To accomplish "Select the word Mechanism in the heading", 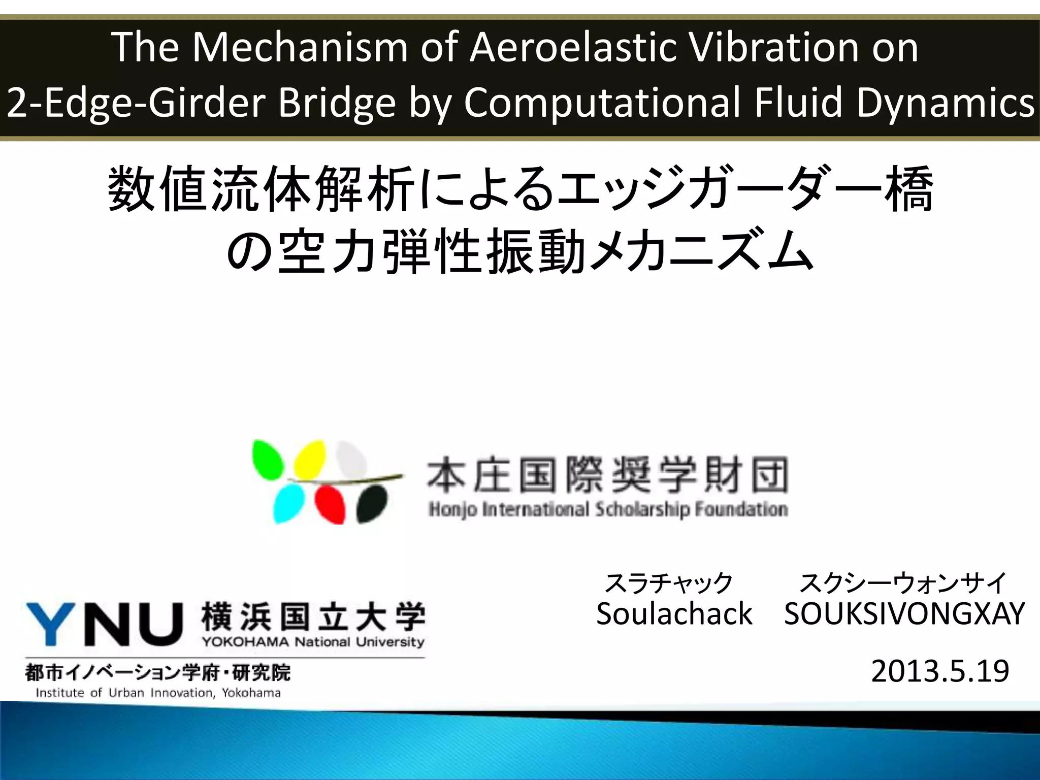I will pyautogui.click(x=300, y=47).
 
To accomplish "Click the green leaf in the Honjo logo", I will pyautogui.click(x=268, y=459).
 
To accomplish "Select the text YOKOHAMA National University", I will pyautogui.click(x=313, y=642).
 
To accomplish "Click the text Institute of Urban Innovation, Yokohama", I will pyautogui.click(x=158, y=693).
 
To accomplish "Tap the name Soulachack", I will pyautogui.click(x=674, y=613).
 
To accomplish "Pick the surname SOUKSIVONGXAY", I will pyautogui.click(x=904, y=613).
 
